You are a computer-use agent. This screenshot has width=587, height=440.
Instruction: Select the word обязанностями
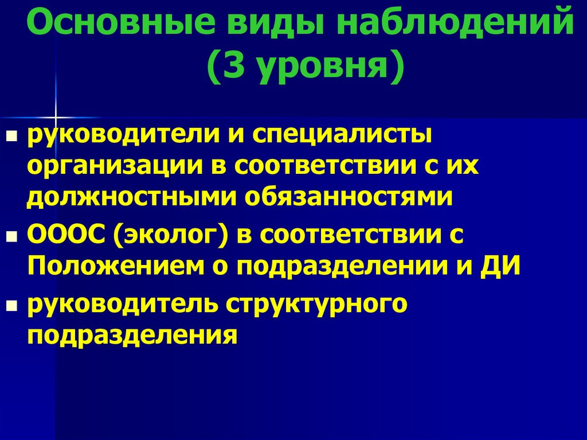point(349,196)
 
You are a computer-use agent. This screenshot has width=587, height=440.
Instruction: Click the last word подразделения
point(131,335)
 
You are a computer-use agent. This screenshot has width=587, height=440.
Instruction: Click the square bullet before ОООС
point(10,237)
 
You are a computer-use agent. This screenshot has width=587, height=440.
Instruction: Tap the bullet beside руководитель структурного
point(10,306)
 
